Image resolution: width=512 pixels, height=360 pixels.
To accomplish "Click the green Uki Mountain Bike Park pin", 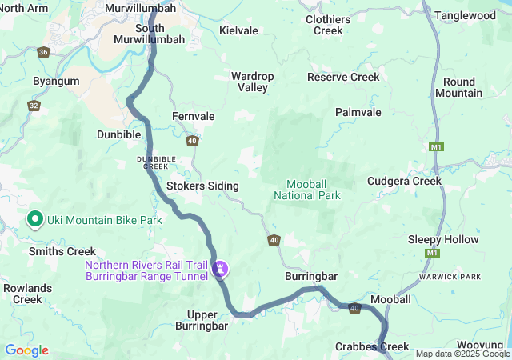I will click(x=35, y=218).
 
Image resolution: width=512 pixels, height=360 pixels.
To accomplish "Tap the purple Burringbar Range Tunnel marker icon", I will click(x=219, y=270).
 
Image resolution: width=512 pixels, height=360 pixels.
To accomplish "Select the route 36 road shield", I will click(x=43, y=52).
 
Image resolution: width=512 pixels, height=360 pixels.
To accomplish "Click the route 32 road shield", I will click(x=34, y=105).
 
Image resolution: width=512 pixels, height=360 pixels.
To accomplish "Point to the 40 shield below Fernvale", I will click(x=192, y=141).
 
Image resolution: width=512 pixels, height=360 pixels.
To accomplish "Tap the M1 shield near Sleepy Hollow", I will click(x=433, y=253).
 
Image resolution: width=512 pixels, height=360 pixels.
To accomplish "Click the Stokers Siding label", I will click(x=202, y=186).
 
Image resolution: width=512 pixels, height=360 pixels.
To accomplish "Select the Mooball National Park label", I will click(x=307, y=189).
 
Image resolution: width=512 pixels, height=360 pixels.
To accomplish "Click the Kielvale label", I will click(x=238, y=30).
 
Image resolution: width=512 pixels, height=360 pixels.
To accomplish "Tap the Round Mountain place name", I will click(x=458, y=87).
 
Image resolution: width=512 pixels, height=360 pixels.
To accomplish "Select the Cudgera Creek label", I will click(x=404, y=181).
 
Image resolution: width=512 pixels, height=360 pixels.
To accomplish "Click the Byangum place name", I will click(x=56, y=82).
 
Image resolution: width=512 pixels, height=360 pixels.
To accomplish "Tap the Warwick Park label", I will click(x=449, y=277).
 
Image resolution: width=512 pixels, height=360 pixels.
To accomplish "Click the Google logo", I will click(x=26, y=350).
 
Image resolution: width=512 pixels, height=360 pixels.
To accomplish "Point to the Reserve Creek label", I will click(x=343, y=77).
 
